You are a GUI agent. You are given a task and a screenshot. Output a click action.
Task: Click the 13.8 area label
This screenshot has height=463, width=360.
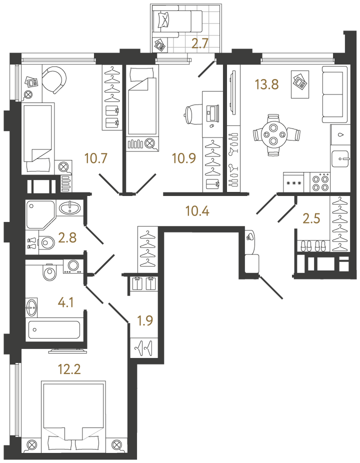(x=267, y=84)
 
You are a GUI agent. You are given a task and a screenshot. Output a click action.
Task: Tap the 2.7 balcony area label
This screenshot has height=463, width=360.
(x=200, y=43)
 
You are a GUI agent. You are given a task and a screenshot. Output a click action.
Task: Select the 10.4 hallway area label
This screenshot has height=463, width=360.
(x=197, y=211)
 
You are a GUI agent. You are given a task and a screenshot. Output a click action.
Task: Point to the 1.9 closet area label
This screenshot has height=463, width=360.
(x=145, y=320)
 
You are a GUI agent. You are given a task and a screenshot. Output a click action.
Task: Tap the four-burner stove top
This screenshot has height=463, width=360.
(x=320, y=182)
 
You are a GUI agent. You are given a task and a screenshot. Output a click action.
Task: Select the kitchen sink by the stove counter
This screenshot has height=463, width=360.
(x=340, y=158)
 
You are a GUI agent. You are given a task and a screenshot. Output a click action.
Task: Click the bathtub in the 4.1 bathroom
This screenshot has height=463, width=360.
(x=54, y=329)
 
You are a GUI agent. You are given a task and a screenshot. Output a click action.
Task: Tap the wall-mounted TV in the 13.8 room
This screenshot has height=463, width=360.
(x=234, y=92)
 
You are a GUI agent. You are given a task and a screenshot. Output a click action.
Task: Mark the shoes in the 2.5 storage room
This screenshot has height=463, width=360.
(x=313, y=246)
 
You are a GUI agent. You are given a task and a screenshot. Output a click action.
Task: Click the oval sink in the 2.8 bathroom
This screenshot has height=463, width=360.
(x=69, y=208)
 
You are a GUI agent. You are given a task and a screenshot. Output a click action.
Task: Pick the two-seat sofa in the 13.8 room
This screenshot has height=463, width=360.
(x=334, y=94)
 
